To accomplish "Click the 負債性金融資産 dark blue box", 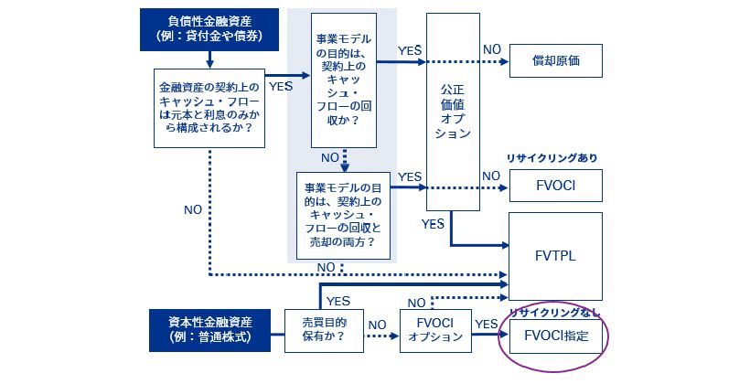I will [210, 30].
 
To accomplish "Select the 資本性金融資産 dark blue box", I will [210, 330].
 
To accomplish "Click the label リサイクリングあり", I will [555, 158].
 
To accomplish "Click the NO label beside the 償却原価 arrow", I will [492, 48].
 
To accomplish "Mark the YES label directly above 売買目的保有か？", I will [338, 300].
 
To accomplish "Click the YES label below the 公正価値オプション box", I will [434, 223].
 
